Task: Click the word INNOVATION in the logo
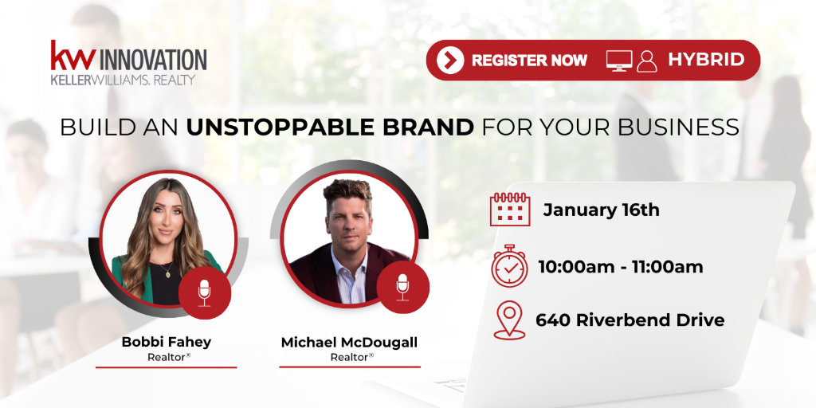click(152, 60)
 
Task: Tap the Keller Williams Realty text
click(123, 80)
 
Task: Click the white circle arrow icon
click(450, 61)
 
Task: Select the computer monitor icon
click(619, 61)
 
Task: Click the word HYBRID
click(706, 60)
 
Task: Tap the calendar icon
click(510, 210)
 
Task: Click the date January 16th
click(601, 210)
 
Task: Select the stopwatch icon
click(509, 265)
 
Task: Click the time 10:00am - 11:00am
click(620, 267)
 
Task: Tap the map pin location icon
click(509, 320)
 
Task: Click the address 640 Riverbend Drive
click(630, 320)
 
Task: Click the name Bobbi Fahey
click(166, 342)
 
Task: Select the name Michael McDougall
click(349, 343)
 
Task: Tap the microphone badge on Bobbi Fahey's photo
click(205, 293)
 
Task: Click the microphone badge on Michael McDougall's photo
click(402, 287)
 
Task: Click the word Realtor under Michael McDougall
click(350, 357)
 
